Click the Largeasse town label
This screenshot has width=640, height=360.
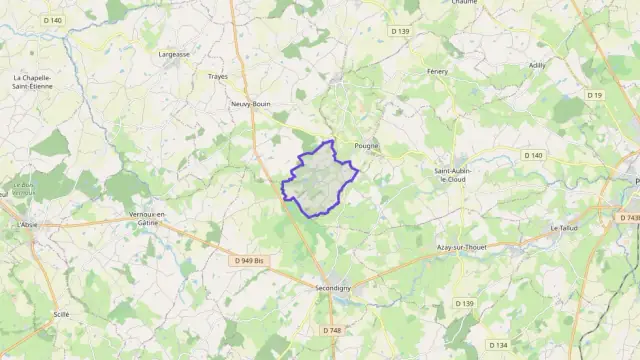173,55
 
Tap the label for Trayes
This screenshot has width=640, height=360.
217,76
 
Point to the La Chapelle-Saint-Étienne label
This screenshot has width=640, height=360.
33,82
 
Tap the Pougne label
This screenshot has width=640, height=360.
367,145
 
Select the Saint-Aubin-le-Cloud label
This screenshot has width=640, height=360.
452,175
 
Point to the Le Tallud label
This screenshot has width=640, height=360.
565,228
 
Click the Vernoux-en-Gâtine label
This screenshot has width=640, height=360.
147,219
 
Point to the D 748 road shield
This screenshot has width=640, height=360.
332,330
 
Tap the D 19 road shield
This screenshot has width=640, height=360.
596,95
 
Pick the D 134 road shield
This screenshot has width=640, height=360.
497,345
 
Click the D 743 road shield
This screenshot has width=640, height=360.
629,218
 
